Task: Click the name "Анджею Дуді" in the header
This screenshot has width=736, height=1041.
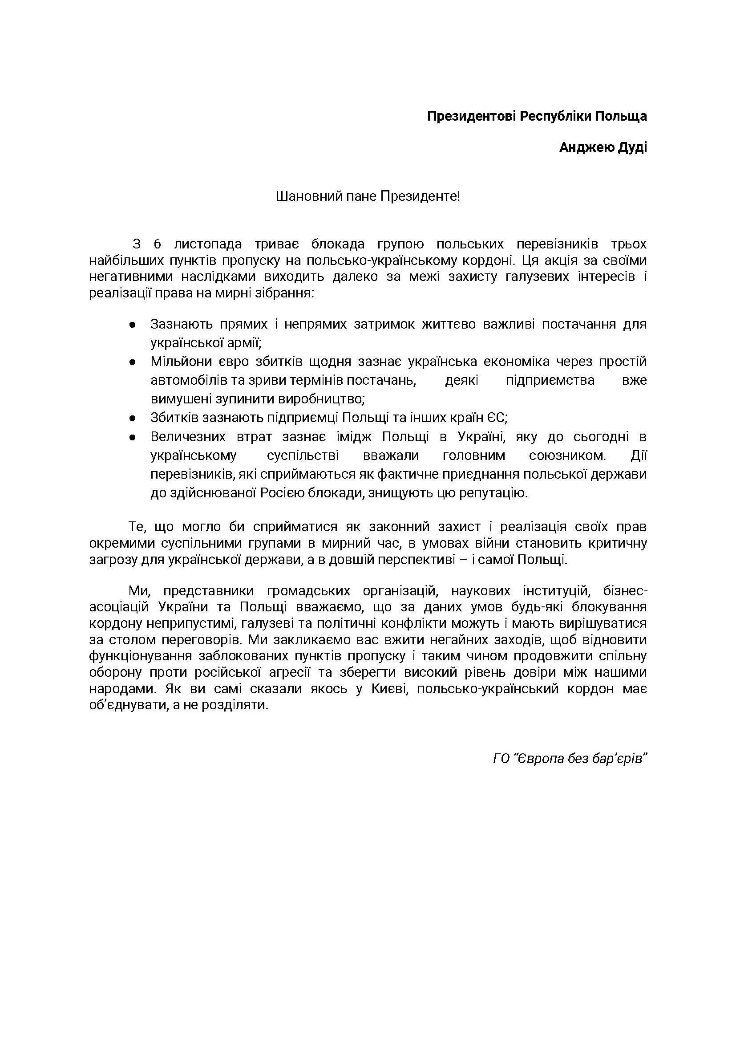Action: [x=603, y=147]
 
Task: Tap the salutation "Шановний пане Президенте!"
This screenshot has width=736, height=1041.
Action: [x=368, y=196]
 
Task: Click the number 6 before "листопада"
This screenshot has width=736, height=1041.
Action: [x=157, y=244]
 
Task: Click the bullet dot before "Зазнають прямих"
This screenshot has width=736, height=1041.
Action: [x=132, y=325]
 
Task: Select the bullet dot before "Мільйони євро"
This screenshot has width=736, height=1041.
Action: [x=132, y=362]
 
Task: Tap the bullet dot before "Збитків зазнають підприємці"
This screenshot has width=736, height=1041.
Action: [x=132, y=418]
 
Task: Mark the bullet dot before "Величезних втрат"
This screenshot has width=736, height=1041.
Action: [x=132, y=437]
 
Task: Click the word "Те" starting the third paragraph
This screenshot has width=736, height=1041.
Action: [x=136, y=527]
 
